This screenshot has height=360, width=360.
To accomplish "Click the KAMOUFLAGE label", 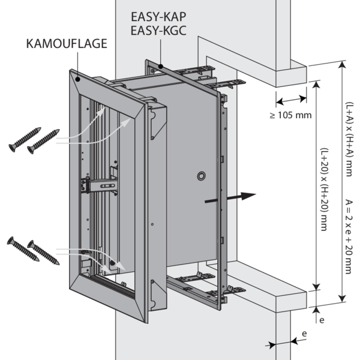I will click(67, 43).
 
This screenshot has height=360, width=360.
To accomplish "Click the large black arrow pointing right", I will click(231, 199).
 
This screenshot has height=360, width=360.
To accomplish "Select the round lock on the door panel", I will click(200, 176).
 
